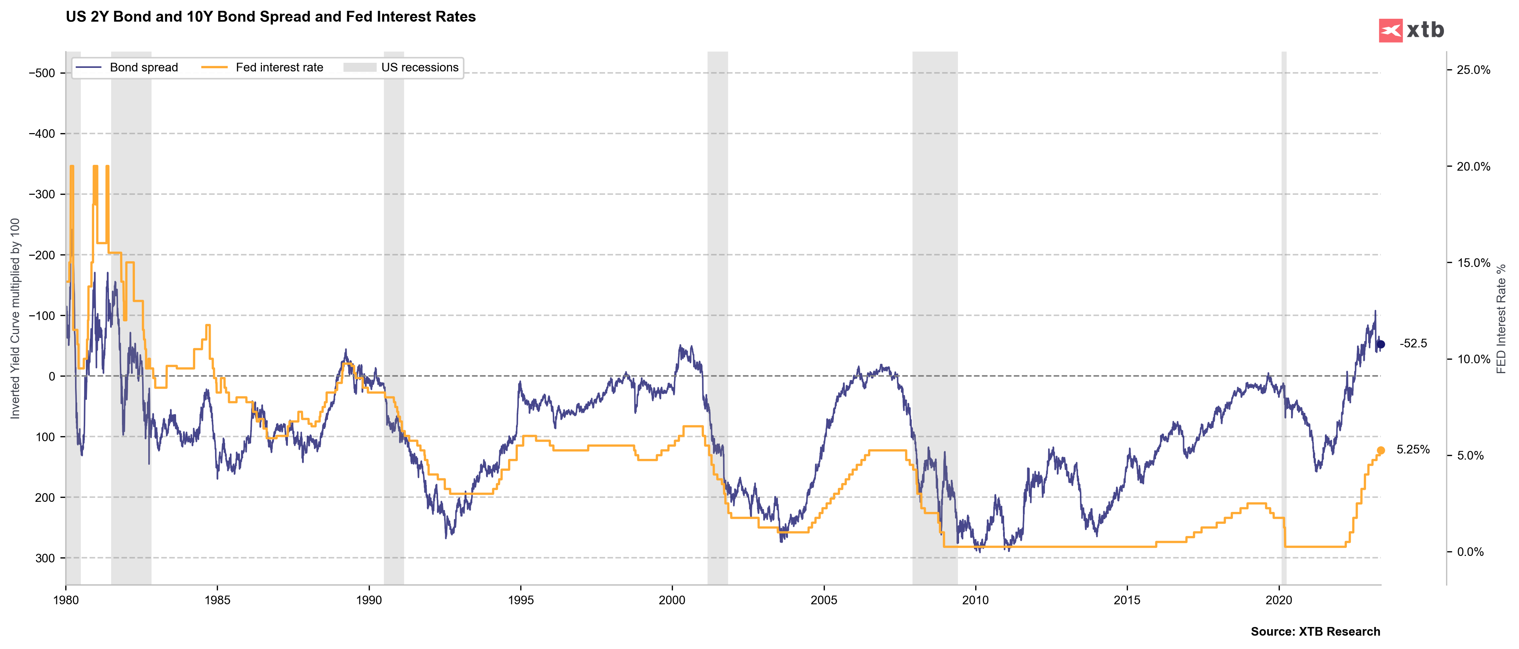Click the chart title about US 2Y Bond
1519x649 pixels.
coord(271,17)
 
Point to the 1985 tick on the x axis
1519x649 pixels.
coord(217,600)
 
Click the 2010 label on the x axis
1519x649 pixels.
coord(975,600)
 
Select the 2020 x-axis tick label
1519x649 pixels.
coord(1278,600)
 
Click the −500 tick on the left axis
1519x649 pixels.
coord(42,73)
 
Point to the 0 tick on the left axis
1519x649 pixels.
coord(52,376)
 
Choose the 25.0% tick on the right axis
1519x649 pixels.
coord(1473,70)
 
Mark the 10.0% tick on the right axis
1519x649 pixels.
coord(1473,359)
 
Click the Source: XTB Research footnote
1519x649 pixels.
coord(1315,631)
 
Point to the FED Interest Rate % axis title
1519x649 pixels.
coord(1501,318)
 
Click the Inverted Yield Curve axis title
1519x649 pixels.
coord(15,318)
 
